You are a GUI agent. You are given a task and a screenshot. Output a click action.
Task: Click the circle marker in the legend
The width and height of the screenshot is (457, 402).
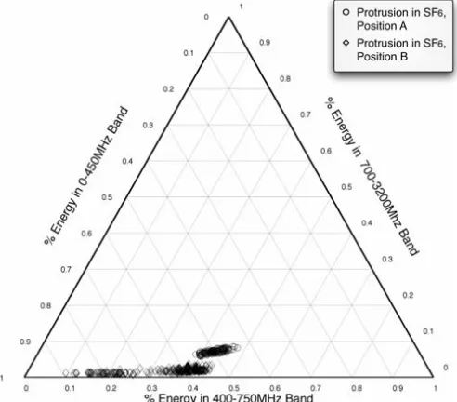[x=346, y=12]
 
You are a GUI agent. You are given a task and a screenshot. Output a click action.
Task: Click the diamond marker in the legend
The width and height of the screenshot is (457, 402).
[x=346, y=43]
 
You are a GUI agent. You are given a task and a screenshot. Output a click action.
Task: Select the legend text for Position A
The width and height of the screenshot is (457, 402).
[x=401, y=19]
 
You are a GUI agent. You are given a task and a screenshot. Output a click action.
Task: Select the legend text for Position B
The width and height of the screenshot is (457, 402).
[x=401, y=49]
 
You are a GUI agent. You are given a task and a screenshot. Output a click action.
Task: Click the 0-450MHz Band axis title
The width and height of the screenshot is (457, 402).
[x=85, y=176]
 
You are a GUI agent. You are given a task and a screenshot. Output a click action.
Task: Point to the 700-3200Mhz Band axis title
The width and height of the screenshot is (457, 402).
[x=372, y=176]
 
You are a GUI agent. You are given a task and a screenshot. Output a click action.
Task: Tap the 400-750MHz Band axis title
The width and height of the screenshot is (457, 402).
[x=228, y=397]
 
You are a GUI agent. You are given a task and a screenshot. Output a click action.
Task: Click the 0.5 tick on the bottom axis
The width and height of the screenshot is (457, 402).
[x=234, y=388]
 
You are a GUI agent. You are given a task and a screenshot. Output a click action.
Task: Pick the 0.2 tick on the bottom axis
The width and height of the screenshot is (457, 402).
[x=111, y=388]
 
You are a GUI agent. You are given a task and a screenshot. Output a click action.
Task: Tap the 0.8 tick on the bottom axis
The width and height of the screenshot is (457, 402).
[x=357, y=388]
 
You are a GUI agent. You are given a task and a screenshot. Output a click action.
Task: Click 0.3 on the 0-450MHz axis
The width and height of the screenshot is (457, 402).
[x=148, y=126]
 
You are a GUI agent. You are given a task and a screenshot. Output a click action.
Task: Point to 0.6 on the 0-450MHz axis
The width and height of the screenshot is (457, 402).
[x=86, y=234]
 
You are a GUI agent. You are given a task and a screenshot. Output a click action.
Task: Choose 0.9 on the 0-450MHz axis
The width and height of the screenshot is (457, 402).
[x=25, y=342]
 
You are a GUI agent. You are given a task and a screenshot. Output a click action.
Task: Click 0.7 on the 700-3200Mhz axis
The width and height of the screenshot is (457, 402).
[x=306, y=114]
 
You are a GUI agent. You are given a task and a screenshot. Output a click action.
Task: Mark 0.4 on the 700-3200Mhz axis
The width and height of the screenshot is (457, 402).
[x=367, y=222]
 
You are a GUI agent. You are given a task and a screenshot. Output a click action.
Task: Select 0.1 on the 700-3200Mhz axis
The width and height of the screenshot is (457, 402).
[x=428, y=331]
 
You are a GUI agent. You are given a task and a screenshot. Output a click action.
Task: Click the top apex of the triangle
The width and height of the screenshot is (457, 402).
[x=228, y=17]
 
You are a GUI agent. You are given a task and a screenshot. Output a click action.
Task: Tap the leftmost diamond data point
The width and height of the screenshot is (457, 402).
[x=66, y=372]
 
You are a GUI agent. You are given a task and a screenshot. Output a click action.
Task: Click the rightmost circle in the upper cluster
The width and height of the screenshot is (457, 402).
[x=237, y=347]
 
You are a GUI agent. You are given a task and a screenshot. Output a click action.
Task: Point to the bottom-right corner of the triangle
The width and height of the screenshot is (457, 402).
[x=433, y=377]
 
